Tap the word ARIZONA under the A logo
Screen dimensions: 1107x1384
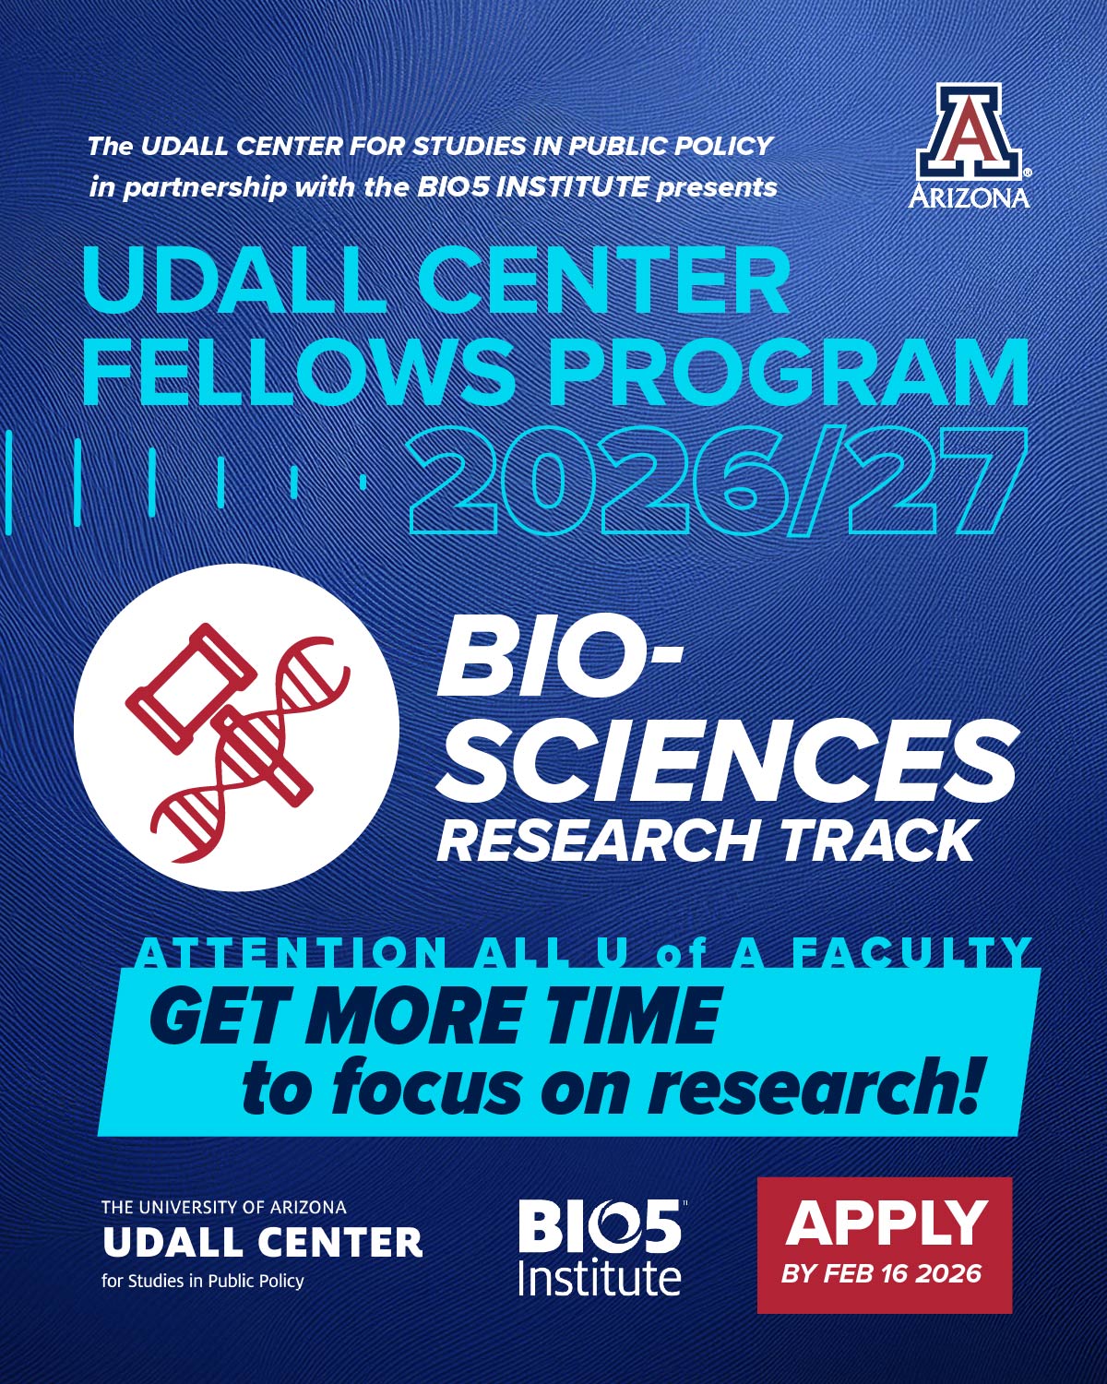pos(969,197)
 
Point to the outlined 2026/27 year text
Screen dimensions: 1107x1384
pos(717,480)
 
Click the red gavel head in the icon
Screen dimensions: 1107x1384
pos(191,688)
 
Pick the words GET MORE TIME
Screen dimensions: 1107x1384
pos(434,1016)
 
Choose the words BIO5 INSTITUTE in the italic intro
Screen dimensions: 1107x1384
pos(533,187)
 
